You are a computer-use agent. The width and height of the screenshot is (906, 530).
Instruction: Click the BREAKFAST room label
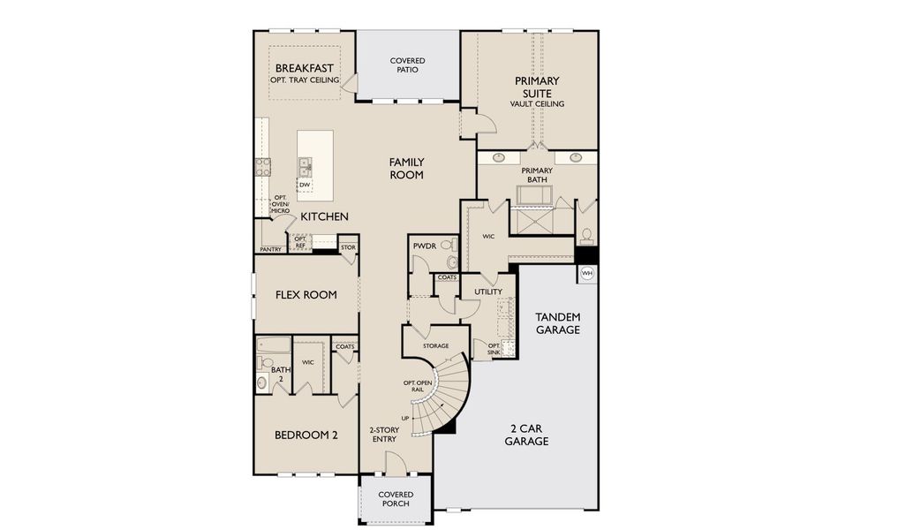coord(305,69)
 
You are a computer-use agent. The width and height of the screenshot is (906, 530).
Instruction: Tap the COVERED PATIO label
coord(407,66)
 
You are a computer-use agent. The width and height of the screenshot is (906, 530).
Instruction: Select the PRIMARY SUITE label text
coord(536,87)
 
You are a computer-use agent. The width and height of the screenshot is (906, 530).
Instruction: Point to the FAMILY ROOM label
coord(407,168)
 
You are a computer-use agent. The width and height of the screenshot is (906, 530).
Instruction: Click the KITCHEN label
coord(324,216)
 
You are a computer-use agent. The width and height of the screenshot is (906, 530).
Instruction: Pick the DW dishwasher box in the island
coord(305,185)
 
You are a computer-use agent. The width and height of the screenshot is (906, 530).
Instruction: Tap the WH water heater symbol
coord(587,274)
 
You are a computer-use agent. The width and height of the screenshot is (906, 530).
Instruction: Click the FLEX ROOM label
coord(306,295)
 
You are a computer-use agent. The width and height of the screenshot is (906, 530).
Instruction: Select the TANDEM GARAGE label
coord(558,323)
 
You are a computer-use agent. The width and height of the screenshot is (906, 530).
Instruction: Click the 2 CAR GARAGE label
coord(526,435)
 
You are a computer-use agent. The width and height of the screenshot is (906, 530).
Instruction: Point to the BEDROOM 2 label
coord(306,434)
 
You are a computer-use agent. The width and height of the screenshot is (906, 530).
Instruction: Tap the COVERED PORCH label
coord(395,499)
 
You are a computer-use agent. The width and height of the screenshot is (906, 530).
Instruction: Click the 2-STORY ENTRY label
coord(385,435)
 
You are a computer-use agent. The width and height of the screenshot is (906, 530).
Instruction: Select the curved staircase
coord(446,393)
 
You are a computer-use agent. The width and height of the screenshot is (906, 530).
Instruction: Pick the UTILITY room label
coord(487,291)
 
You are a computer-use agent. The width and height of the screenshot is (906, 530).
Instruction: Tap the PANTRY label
coord(270,249)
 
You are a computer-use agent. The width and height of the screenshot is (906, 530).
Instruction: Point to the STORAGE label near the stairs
coord(435,345)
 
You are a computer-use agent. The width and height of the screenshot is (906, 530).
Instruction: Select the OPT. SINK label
coord(494,349)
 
